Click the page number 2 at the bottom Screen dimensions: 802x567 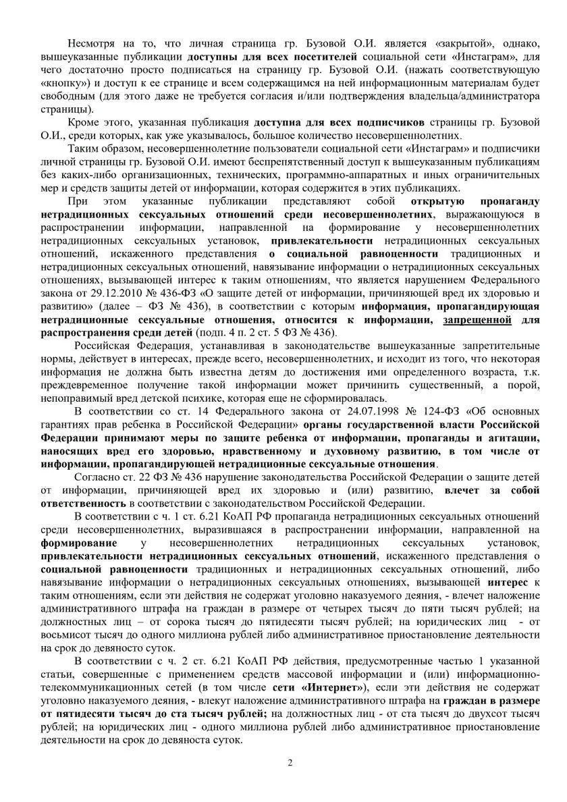(x=290, y=763)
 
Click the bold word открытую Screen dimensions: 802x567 (x=436, y=201)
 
